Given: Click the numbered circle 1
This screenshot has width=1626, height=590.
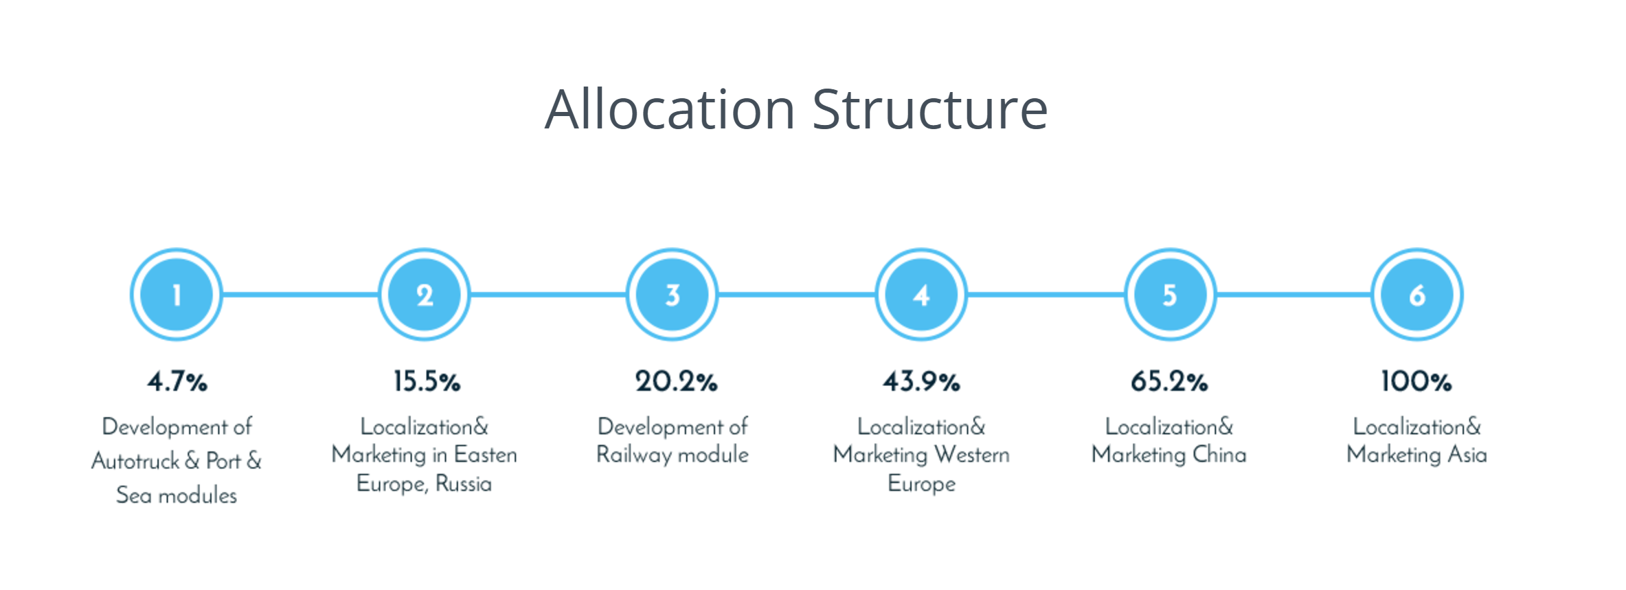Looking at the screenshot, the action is point(177,295).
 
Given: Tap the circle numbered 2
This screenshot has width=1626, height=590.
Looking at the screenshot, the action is point(425,295).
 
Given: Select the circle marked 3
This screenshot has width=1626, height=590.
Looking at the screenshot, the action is point(673,295).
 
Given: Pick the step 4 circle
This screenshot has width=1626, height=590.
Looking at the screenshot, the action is point(921,295).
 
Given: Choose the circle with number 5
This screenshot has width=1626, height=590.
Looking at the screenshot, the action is point(1170,295).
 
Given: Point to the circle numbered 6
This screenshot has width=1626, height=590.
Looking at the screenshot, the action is point(1417,295).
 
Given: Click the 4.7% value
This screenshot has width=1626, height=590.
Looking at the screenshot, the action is point(177,381).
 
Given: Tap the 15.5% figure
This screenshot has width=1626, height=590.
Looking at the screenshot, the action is point(427,381).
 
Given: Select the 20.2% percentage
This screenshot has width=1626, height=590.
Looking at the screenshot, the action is point(676,381).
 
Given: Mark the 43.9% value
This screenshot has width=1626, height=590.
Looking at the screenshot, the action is point(921,381).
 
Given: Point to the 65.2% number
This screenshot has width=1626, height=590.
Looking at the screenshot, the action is point(1169,381).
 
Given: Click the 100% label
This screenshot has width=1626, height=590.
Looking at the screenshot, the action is point(1416,381).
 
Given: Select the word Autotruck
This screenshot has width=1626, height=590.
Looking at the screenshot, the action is point(135,460).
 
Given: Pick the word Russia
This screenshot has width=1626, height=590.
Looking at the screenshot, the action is point(464,484).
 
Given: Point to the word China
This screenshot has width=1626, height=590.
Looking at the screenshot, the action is point(1219,454).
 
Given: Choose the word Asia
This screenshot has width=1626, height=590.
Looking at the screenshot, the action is point(1467,454).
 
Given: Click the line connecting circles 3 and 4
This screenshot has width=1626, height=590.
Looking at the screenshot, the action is point(797,295).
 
